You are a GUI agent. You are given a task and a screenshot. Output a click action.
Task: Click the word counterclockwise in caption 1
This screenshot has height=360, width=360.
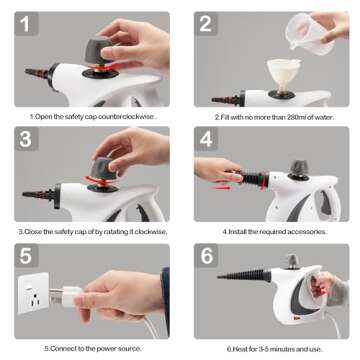pyautogui.click(x=128, y=116)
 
